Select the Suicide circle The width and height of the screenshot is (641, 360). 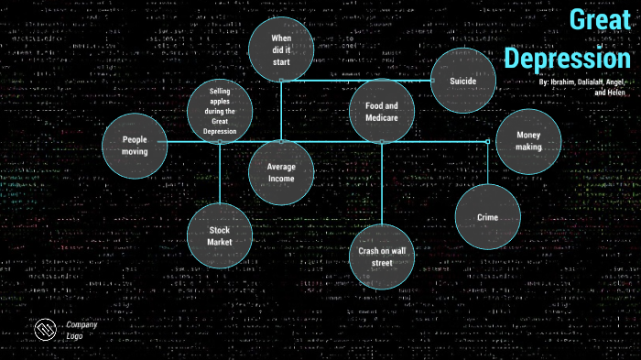pyautogui.click(x=463, y=81)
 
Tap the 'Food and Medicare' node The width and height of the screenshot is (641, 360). pyautogui.click(x=382, y=112)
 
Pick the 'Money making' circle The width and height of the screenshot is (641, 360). pyautogui.click(x=528, y=141)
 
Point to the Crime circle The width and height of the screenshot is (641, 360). pyautogui.click(x=487, y=217)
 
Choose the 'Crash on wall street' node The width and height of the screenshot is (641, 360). pyautogui.click(x=382, y=256)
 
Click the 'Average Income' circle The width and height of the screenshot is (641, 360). pyautogui.click(x=281, y=172)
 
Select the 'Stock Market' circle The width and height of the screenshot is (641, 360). pyautogui.click(x=220, y=235)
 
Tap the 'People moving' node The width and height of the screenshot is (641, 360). pyautogui.click(x=135, y=145)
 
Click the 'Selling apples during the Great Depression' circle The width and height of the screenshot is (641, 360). pyautogui.click(x=220, y=111)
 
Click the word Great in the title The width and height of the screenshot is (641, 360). pyautogui.click(x=600, y=22)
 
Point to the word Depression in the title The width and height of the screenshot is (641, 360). pyautogui.click(x=568, y=58)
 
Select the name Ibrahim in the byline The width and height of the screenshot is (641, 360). pyautogui.click(x=568, y=82)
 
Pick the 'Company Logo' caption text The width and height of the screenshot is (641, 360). pyautogui.click(x=81, y=330)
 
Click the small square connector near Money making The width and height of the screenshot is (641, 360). pyautogui.click(x=487, y=141)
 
